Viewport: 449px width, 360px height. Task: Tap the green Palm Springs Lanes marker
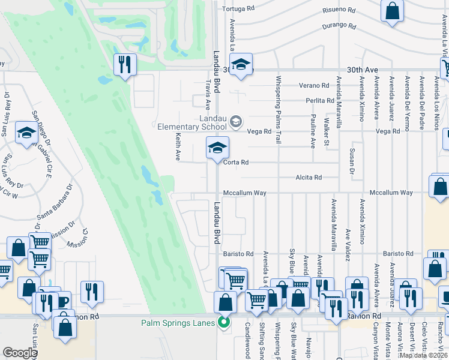(224, 322)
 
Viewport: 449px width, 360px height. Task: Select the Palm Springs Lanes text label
(178, 323)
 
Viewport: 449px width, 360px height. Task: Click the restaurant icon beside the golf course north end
(125, 64)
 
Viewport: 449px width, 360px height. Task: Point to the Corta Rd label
(236, 163)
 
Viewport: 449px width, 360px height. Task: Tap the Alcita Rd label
(309, 178)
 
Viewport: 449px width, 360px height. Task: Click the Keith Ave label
(178, 146)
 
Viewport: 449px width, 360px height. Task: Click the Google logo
(20, 353)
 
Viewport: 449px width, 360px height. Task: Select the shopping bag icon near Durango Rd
(391, 11)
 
